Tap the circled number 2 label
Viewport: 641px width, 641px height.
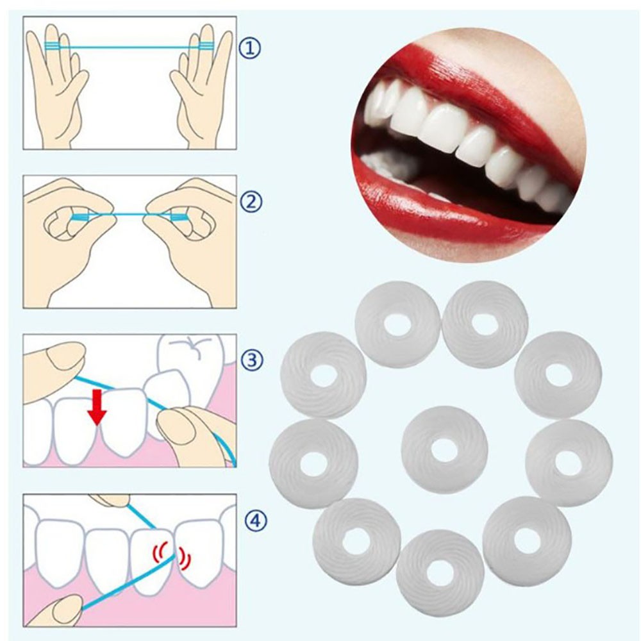pyautogui.click(x=250, y=201)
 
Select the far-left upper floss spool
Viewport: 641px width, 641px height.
pyautogui.click(x=323, y=375)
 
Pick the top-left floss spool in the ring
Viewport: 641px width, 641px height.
pyautogui.click(x=398, y=324)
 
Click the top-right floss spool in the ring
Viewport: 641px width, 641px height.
pyautogui.click(x=485, y=324)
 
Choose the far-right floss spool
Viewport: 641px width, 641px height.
pyautogui.click(x=569, y=462)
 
